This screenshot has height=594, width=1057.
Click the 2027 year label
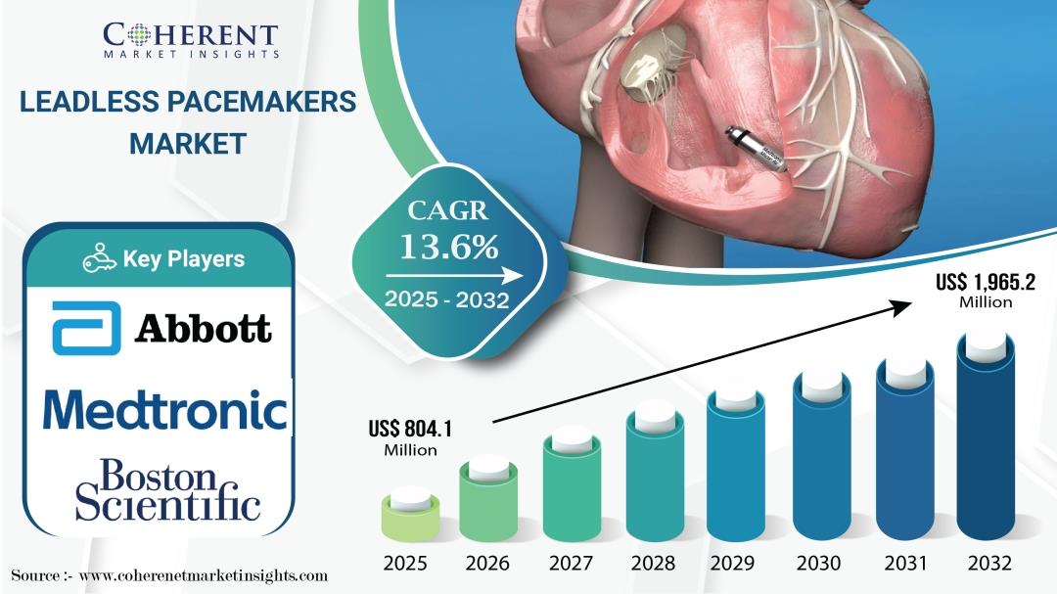pyautogui.click(x=571, y=563)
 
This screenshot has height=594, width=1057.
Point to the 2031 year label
pyautogui.click(x=905, y=563)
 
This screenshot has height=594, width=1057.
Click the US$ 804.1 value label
pyautogui.click(x=410, y=437)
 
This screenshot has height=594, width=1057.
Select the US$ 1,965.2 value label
pyautogui.click(x=986, y=290)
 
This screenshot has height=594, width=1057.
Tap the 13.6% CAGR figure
pyautogui.click(x=449, y=247)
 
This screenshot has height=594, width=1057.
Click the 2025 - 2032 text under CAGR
pyautogui.click(x=447, y=299)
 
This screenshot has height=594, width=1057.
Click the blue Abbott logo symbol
pyautogui.click(x=86, y=329)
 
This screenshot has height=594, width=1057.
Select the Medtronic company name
pyautogui.click(x=165, y=410)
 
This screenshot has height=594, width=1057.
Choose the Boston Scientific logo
pyautogui.click(x=168, y=490)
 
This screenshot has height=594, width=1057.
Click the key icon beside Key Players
pyautogui.click(x=99, y=258)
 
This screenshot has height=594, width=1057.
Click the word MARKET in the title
pyautogui.click(x=188, y=144)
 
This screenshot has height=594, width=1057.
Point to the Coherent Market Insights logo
pyautogui.click(x=191, y=40)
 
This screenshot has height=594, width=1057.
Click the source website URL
pyautogui.click(x=204, y=575)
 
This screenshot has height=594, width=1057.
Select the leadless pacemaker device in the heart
pyautogui.click(x=757, y=149)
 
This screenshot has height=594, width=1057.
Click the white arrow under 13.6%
pyautogui.click(x=454, y=276)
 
